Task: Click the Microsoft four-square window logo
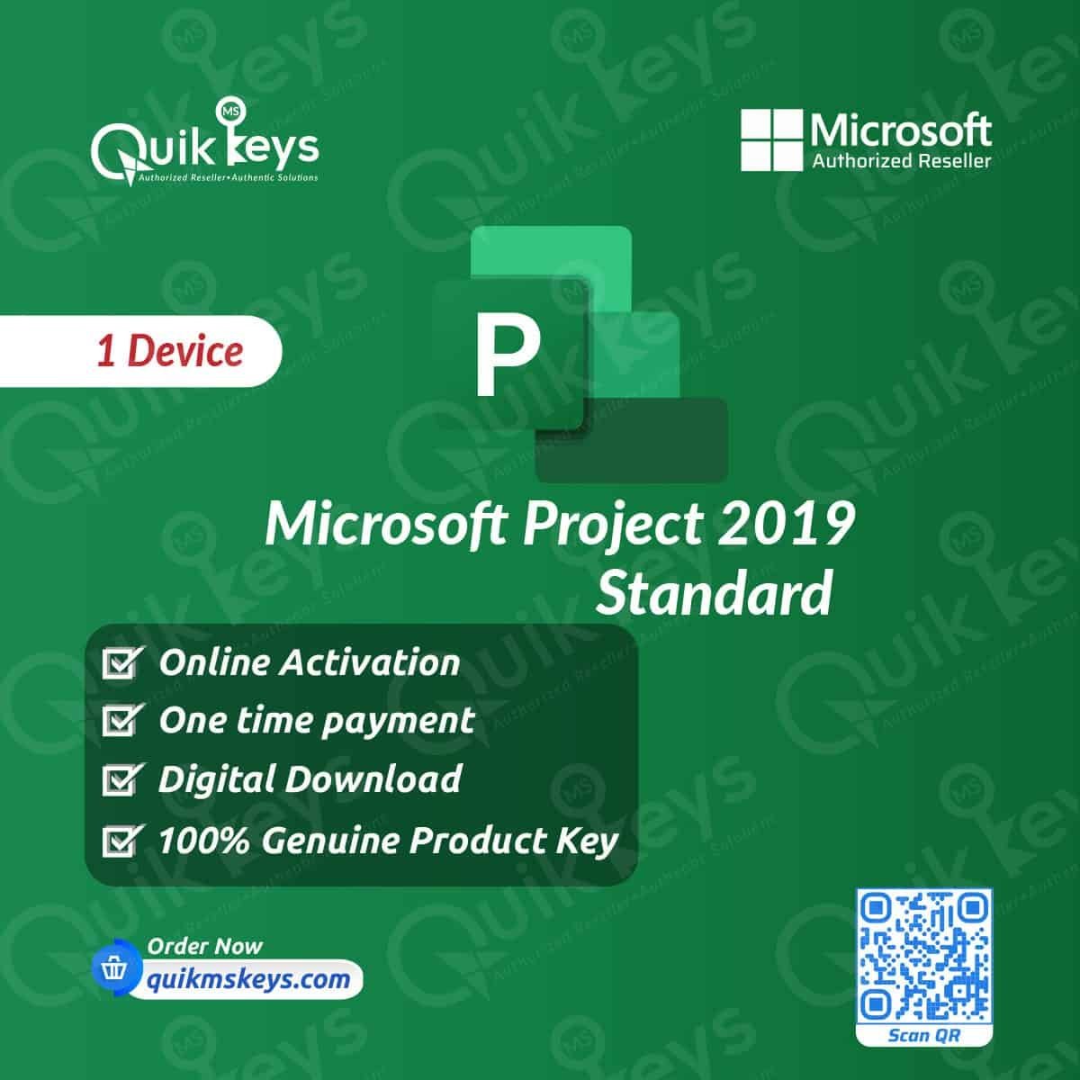771,140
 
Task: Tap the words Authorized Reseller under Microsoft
901,161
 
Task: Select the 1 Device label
170,351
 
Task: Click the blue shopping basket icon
115,967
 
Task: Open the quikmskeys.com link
247,979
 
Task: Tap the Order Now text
204,947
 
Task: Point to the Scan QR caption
924,1035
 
